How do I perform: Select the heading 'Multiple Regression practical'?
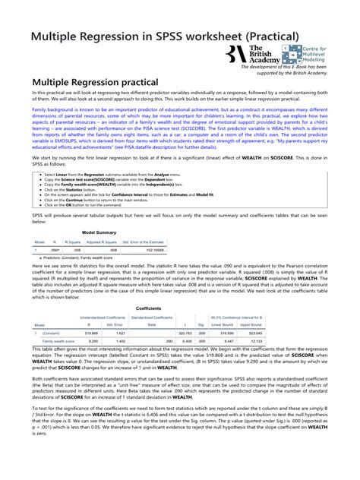click(95, 81)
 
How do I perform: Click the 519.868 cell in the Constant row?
click(93, 333)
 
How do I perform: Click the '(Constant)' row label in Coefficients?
click(52, 333)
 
